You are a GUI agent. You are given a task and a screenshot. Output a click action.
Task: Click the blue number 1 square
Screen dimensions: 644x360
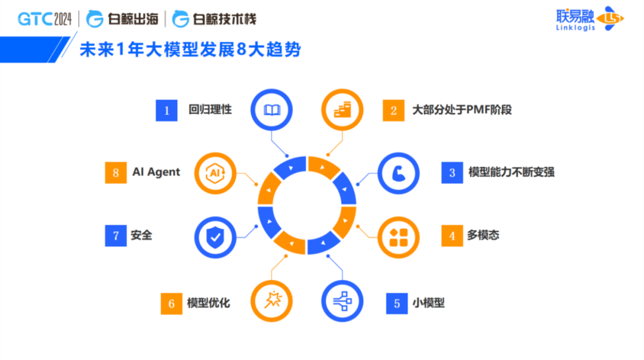[x=166, y=110]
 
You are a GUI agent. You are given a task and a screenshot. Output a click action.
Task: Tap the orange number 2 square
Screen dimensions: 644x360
[x=394, y=110]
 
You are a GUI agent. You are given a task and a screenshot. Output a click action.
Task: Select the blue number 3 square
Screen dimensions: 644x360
[x=452, y=173]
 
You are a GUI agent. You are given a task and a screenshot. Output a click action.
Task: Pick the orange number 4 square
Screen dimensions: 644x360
[x=452, y=235]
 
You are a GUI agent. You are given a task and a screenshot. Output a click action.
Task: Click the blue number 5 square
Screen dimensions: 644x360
[x=397, y=303]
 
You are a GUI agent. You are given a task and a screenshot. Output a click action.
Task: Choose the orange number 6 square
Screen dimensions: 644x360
[x=171, y=303]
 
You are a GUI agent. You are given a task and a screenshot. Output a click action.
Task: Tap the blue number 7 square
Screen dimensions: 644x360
[x=116, y=235]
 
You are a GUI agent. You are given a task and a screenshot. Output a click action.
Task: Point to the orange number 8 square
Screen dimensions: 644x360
[x=116, y=173]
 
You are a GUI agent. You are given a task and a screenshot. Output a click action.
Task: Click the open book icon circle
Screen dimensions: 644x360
[x=271, y=110]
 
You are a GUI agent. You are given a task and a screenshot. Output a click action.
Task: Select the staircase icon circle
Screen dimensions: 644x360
[x=342, y=110]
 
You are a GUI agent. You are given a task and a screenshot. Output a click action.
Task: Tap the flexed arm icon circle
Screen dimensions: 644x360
[x=398, y=173]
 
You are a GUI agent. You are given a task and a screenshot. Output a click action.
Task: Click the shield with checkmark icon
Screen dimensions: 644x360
[x=215, y=237]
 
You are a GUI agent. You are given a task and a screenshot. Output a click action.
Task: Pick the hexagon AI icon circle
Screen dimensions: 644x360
[x=215, y=173]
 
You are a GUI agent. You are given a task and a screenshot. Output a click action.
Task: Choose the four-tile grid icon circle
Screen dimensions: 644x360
[x=398, y=237]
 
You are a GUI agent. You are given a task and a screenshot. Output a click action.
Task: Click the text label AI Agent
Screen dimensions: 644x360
[x=156, y=172]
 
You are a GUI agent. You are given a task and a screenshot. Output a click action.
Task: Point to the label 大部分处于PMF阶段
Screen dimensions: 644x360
[x=462, y=110]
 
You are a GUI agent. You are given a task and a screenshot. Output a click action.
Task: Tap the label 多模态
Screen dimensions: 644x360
[x=483, y=235]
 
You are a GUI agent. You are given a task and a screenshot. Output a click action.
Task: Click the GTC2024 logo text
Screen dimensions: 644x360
[x=44, y=19]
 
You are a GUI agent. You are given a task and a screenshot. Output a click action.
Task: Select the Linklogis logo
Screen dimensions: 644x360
[x=590, y=18]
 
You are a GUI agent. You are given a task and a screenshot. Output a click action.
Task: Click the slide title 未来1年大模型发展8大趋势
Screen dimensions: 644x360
[x=190, y=49]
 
